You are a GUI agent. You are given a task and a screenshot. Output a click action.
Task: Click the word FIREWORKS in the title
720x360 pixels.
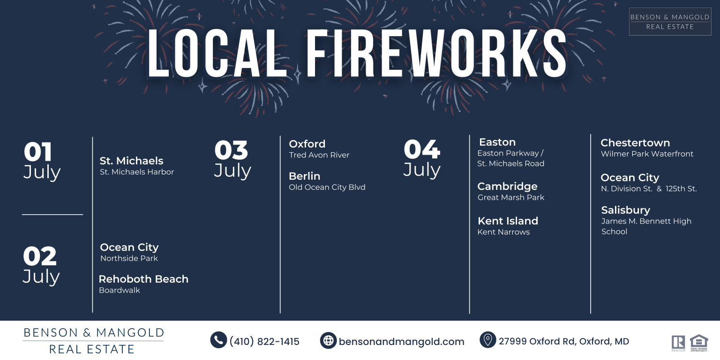pos(436,53)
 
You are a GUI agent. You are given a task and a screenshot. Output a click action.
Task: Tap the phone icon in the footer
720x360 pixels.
pos(218,340)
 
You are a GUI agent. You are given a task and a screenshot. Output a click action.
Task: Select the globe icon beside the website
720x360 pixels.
pos(328,340)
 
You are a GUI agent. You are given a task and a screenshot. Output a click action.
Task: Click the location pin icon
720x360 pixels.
pos(487,340)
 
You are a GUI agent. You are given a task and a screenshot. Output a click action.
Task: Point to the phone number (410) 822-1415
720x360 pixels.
pos(264,341)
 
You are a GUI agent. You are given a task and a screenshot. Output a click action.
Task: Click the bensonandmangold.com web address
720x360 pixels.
pos(401,341)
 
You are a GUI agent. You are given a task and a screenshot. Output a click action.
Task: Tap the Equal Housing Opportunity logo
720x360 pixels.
pos(699,343)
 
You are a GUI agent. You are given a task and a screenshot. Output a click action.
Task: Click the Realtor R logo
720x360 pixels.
pos(678,343)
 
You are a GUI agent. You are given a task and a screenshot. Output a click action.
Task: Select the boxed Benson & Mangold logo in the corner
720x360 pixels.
pos(670,22)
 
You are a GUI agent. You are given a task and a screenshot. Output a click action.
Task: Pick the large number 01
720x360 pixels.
pos(37,152)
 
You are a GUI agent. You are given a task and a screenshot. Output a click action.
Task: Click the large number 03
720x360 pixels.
pos(231,150)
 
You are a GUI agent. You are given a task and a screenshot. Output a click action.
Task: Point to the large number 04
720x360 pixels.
pos(422,149)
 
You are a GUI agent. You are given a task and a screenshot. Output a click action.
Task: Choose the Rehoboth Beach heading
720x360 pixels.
pos(143,279)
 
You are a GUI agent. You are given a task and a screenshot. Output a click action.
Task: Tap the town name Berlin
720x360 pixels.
pos(304,176)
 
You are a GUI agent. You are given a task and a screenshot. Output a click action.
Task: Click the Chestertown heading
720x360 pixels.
pos(635,142)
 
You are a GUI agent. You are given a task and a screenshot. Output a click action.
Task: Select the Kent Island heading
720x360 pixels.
pos(508,221)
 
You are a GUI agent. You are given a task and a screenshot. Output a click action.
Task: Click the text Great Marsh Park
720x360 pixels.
pos(511,197)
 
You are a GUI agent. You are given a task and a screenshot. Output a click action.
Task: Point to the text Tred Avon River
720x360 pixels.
pos(319,155)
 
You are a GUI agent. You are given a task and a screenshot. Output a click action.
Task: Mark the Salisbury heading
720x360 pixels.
pos(625,210)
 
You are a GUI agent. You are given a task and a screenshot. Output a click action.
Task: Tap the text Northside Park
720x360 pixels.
pos(129,258)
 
